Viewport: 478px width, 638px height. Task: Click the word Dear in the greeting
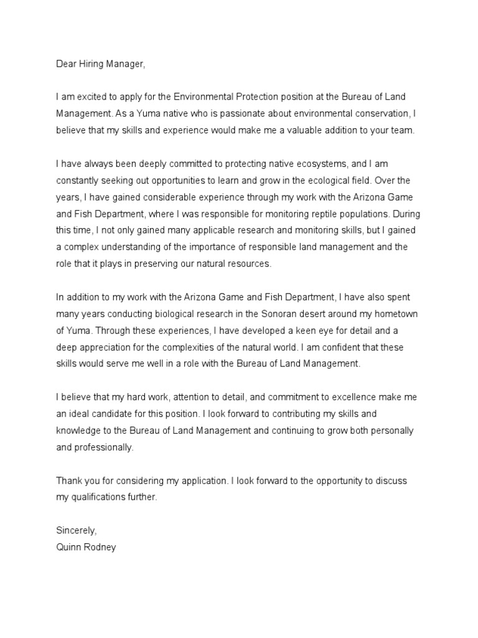pyautogui.click(x=67, y=64)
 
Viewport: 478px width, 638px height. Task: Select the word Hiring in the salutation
pyautogui.click(x=93, y=64)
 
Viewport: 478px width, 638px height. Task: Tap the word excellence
pyautogui.click(x=354, y=397)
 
